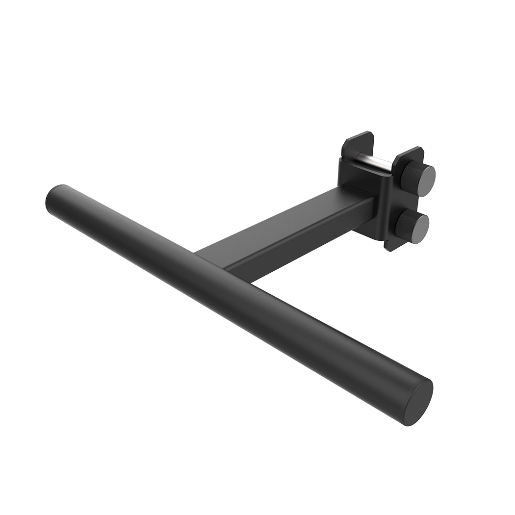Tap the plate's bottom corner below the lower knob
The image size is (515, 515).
click(x=391, y=249)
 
